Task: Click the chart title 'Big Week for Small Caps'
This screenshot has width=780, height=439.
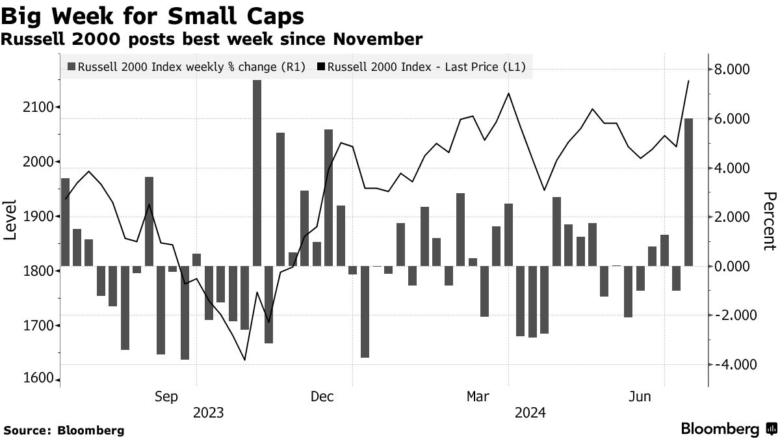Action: pos(154,15)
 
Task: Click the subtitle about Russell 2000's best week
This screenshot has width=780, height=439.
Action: pos(212,40)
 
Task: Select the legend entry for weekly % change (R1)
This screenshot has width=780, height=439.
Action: pos(187,66)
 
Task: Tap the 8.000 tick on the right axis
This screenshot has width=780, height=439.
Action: pos(733,70)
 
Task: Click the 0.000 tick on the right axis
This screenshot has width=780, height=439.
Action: pos(733,266)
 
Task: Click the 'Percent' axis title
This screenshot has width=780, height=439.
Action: pos(770,221)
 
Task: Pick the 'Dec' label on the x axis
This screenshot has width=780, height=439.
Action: pos(322,397)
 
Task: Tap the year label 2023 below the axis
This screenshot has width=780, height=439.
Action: pos(207,413)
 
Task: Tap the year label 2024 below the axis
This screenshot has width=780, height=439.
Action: pos(530,413)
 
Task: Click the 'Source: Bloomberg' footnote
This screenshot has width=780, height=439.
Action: pos(64,430)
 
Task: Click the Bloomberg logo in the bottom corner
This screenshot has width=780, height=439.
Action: pos(727,429)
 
